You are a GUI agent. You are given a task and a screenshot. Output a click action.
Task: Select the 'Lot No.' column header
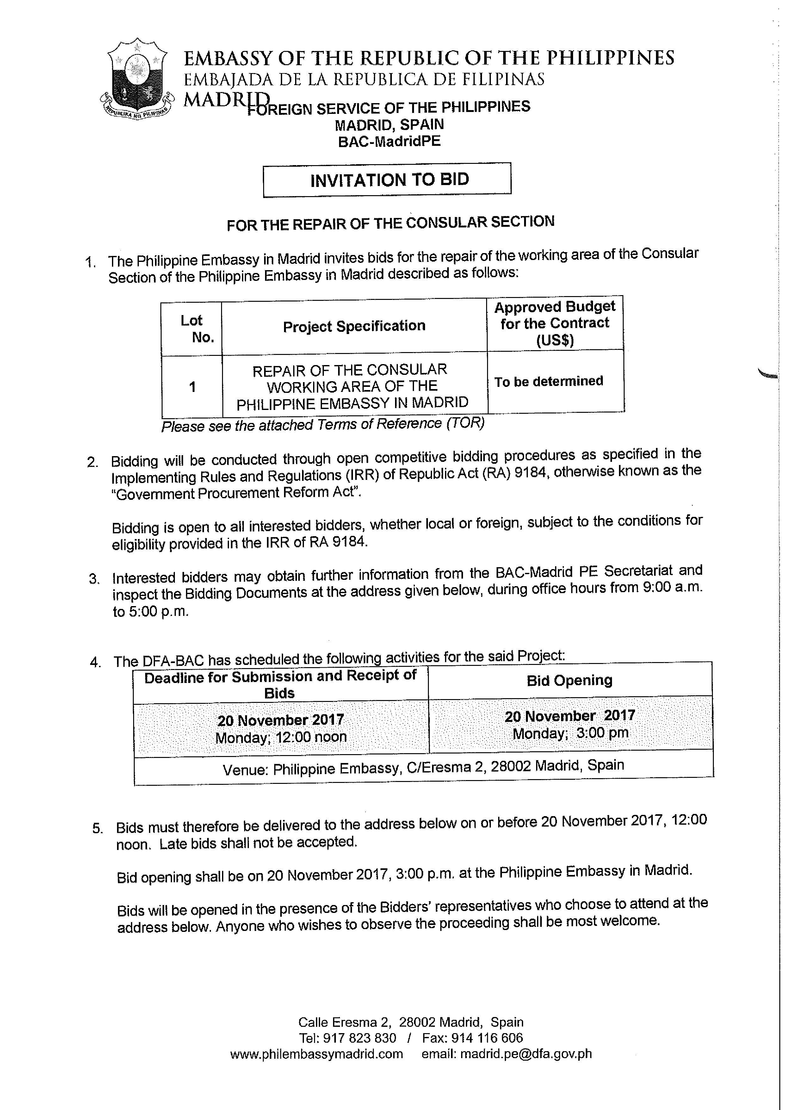click(x=192, y=328)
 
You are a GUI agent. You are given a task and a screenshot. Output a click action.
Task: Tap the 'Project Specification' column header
click(x=354, y=326)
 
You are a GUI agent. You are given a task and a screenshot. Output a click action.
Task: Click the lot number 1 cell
click(x=192, y=387)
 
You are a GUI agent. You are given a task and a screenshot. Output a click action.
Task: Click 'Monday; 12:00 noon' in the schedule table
click(x=281, y=738)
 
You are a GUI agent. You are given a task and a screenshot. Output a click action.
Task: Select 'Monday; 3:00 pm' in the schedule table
click(x=570, y=733)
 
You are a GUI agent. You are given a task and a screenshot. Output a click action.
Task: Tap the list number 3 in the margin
click(x=94, y=579)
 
